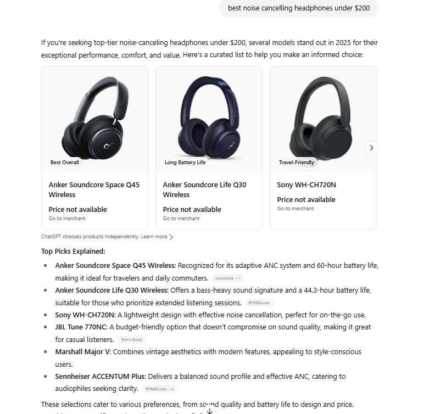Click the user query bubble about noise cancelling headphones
pos(299,8)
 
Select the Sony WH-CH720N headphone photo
pos(323,118)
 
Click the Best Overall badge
pos(65,163)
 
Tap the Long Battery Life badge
pos(185,163)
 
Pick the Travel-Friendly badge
pos(297,163)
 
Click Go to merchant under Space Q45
pos(67,219)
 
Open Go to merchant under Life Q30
pos(181,219)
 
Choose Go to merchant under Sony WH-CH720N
pos(296,209)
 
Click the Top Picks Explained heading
pos(73,251)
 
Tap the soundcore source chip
pos(227,278)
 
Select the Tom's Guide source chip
pos(130,340)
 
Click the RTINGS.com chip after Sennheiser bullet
pos(159,389)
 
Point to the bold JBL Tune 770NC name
pos(81,327)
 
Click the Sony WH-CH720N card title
pos(306,185)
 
